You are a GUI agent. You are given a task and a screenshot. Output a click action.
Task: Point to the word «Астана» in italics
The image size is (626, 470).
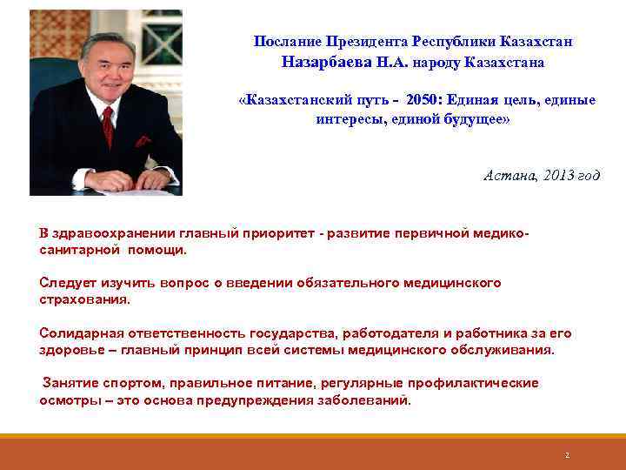coord(508,175)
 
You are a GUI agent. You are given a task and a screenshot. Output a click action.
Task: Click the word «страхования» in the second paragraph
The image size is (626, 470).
coord(83,299)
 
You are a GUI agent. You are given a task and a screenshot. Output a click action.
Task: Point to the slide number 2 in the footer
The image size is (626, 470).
coord(567,455)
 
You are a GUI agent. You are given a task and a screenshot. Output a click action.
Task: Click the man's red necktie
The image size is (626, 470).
coord(108,127)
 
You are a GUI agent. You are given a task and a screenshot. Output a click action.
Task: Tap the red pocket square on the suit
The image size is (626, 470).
coord(143,140)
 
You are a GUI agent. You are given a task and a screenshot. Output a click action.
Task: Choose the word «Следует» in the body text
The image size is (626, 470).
coord(67,283)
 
